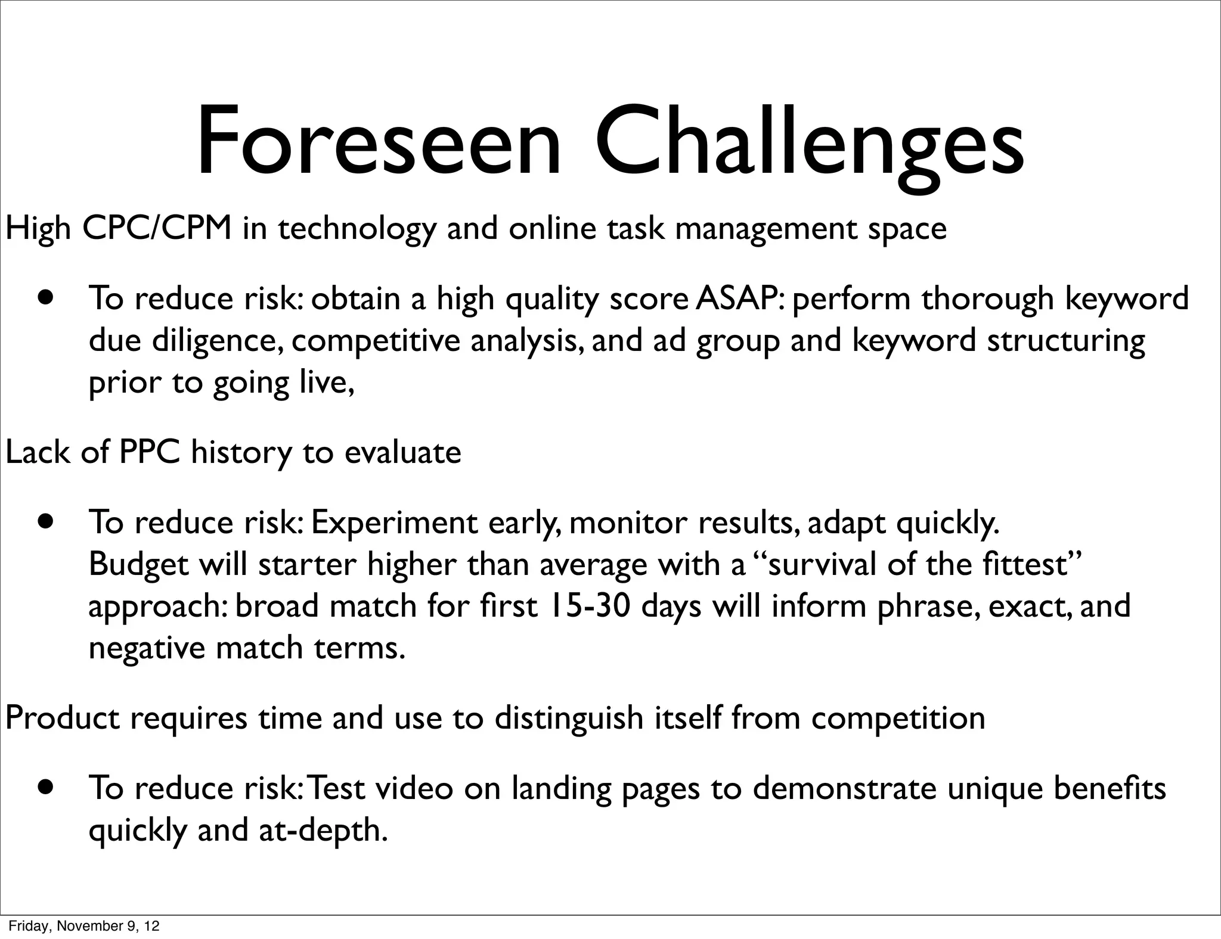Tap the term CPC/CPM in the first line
[x=157, y=228]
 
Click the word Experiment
[x=394, y=523]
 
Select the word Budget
[x=138, y=564]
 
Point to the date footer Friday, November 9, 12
[x=84, y=926]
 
